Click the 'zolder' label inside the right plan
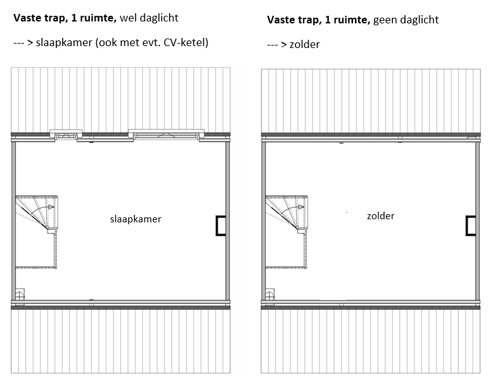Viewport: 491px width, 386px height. coord(380,216)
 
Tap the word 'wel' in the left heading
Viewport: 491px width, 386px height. coord(129,19)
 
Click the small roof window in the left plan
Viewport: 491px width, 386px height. coord(66,135)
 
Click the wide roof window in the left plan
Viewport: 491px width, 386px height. coord(166,134)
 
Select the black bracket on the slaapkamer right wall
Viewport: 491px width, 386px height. coord(220,226)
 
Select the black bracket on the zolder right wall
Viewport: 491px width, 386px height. coord(471,226)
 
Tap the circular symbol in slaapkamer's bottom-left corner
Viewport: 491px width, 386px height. coord(20,294)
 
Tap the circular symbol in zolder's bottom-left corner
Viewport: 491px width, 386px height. coord(270,294)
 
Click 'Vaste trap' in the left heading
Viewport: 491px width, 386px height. coord(37,19)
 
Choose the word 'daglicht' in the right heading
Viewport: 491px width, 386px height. coord(419,20)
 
